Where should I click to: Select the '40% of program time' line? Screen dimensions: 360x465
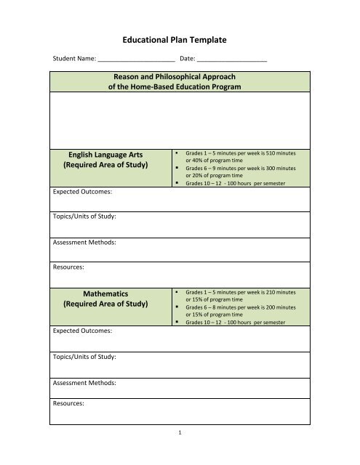coord(216,161)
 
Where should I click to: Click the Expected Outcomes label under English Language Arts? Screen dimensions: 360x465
coord(82,193)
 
